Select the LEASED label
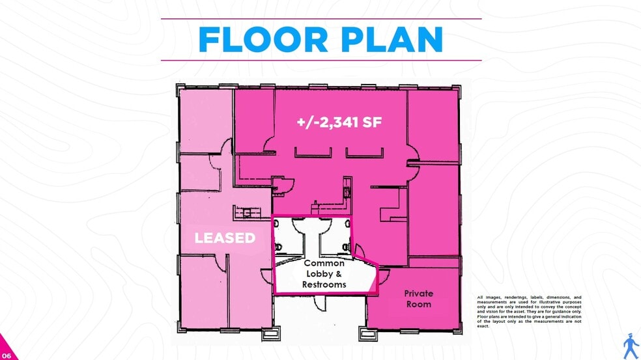(225, 238)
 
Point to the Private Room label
(418, 299)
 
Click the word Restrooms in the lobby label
(324, 284)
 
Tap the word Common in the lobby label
(324, 264)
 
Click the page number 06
(7, 355)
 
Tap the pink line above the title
(320, 19)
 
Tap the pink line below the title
(320, 61)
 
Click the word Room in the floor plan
(418, 304)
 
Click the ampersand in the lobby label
(338, 274)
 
